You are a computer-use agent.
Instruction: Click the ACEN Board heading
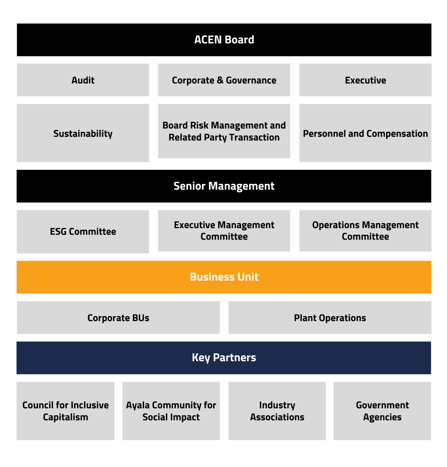tap(224, 40)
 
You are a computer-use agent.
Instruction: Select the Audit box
tap(83, 80)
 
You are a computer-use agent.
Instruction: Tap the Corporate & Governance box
tap(224, 80)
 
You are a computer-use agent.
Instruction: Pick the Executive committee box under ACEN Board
tap(365, 80)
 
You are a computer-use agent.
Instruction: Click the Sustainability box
tap(83, 133)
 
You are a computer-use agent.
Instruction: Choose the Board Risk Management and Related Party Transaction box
tap(224, 131)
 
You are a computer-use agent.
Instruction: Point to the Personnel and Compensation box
tap(365, 133)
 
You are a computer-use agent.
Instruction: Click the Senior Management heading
tap(224, 186)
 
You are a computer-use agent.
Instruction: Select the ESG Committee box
tap(83, 231)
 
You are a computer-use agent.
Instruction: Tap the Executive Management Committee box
tap(224, 231)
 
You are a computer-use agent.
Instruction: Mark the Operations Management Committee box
tap(365, 231)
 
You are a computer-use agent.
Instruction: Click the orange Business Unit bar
tap(224, 277)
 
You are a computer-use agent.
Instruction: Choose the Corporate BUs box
tap(118, 318)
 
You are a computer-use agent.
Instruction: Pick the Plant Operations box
tap(330, 318)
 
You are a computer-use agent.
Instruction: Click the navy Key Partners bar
tap(224, 357)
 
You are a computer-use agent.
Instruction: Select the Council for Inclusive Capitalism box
tap(65, 411)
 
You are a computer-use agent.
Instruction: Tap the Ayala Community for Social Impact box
tap(171, 411)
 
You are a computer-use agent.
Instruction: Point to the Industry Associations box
tap(277, 411)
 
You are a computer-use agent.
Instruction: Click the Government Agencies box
tap(382, 411)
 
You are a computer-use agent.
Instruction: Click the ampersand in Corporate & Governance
tap(220, 81)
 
